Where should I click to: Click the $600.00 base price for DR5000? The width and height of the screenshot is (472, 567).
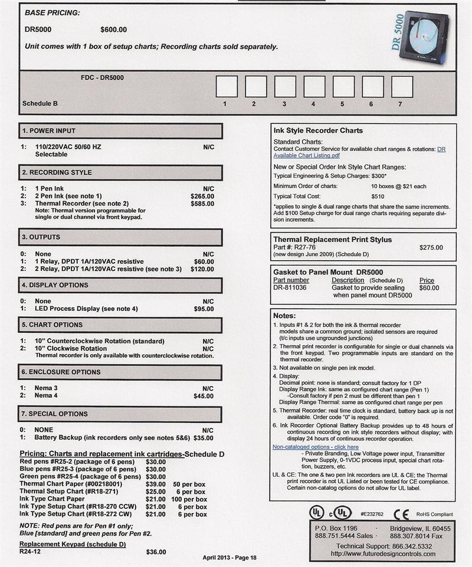(x=113, y=30)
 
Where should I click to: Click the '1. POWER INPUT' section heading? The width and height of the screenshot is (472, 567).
(x=49, y=131)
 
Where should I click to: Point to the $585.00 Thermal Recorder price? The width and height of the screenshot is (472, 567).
(x=202, y=203)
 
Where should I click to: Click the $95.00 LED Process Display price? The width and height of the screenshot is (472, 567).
(x=204, y=309)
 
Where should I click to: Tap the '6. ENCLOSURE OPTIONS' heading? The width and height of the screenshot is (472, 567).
(x=61, y=372)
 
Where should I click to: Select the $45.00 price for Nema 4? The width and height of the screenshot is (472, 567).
(x=204, y=396)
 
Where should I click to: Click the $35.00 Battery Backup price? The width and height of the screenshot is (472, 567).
(x=204, y=438)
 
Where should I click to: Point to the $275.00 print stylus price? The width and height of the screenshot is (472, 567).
(x=431, y=248)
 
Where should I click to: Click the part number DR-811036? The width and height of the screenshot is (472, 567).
(x=290, y=288)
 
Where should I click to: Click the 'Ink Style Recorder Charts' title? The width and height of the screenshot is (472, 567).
(x=318, y=130)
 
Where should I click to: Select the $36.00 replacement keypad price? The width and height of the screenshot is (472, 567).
(x=156, y=552)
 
